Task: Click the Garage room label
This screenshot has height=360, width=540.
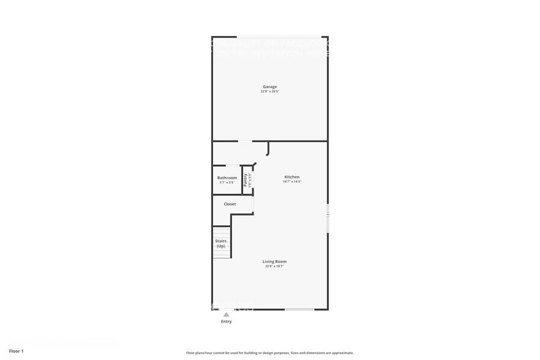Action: (270, 86)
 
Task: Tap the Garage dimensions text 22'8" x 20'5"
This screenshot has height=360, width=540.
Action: (270, 91)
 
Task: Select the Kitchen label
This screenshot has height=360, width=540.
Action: (291, 177)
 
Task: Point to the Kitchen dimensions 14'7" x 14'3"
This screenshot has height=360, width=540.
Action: (291, 182)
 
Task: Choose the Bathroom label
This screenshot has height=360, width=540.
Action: (227, 178)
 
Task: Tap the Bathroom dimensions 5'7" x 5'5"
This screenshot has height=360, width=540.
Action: (227, 182)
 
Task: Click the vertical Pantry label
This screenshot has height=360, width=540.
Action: (246, 180)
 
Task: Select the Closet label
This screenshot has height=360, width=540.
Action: (230, 204)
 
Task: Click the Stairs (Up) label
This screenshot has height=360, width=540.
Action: (221, 244)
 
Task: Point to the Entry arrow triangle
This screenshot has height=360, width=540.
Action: (226, 315)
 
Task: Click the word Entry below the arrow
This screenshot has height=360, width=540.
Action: (226, 321)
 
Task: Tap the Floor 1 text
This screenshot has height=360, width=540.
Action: (16, 351)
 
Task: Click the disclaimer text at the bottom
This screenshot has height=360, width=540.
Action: (269, 353)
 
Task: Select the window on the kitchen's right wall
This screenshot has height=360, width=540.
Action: (328, 218)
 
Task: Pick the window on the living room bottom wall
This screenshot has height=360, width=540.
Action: (299, 309)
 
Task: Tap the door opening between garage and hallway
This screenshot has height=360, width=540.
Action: (245, 141)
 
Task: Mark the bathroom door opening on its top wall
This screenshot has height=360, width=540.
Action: (233, 165)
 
